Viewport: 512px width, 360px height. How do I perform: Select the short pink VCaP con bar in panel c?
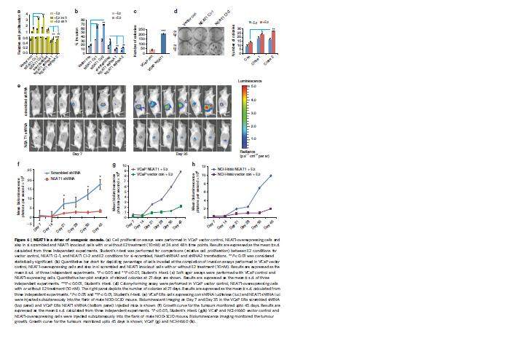tap(151, 51)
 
